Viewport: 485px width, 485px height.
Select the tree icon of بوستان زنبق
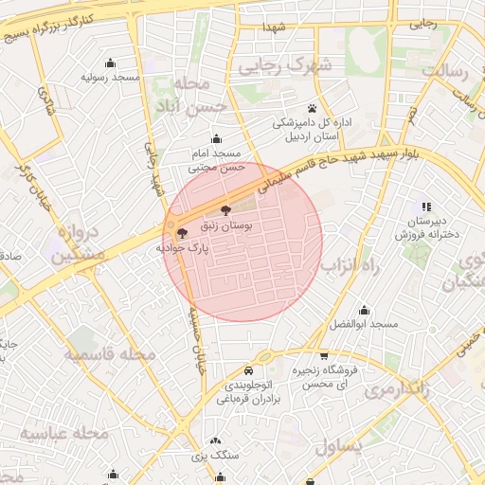pyautogui.click(x=225, y=209)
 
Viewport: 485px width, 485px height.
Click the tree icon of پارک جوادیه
pyautogui.click(x=181, y=231)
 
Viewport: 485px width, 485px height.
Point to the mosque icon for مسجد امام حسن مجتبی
pyautogui.click(x=216, y=137)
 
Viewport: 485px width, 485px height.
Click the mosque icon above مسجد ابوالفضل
pyautogui.click(x=364, y=309)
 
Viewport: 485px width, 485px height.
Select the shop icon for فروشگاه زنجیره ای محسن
pyautogui.click(x=325, y=355)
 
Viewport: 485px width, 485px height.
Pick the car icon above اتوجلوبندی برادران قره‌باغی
pyautogui.click(x=248, y=370)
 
